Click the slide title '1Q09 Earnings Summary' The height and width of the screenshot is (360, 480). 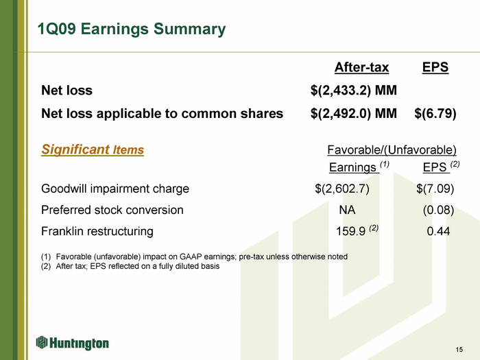coord(132,29)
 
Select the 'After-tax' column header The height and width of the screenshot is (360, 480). coord(361,67)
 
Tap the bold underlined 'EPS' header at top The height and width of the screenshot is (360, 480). coord(435,67)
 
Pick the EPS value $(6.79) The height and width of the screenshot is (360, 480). coord(435,114)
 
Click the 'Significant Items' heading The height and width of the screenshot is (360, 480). coord(93,149)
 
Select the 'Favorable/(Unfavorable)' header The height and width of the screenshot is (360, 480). coord(392,150)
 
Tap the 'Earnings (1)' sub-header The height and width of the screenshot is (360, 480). coord(359,167)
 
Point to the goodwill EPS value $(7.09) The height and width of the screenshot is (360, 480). coord(435,189)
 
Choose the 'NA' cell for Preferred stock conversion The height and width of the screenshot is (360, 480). coord(347,210)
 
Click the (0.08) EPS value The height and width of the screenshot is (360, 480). coord(438,210)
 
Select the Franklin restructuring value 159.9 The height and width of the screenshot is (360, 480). coord(351,231)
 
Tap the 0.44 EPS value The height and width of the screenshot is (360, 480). coord(438,231)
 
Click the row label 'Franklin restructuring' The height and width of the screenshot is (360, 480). coord(97,232)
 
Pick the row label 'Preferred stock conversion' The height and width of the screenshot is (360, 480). coord(112,210)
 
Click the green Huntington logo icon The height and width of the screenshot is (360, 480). coord(42,342)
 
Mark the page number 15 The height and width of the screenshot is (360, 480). coord(459,350)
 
